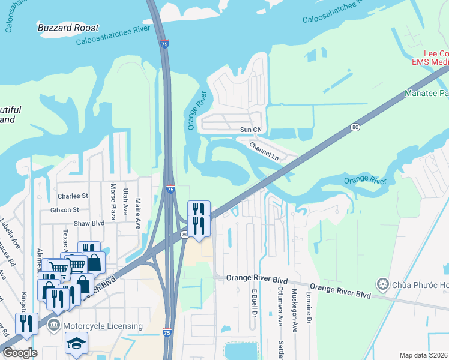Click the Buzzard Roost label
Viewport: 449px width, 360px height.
pyautogui.click(x=68, y=28)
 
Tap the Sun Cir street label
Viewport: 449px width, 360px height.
pyautogui.click(x=250, y=130)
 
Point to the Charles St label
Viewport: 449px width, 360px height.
pyautogui.click(x=73, y=196)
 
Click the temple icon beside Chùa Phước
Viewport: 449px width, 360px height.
pyautogui.click(x=382, y=283)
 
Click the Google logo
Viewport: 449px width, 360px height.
pyautogui.click(x=19, y=353)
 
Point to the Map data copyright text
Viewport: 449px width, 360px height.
pyautogui.click(x=424, y=355)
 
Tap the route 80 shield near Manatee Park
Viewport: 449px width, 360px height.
pyautogui.click(x=355, y=127)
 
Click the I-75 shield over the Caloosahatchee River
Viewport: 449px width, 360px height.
pyautogui.click(x=164, y=44)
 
